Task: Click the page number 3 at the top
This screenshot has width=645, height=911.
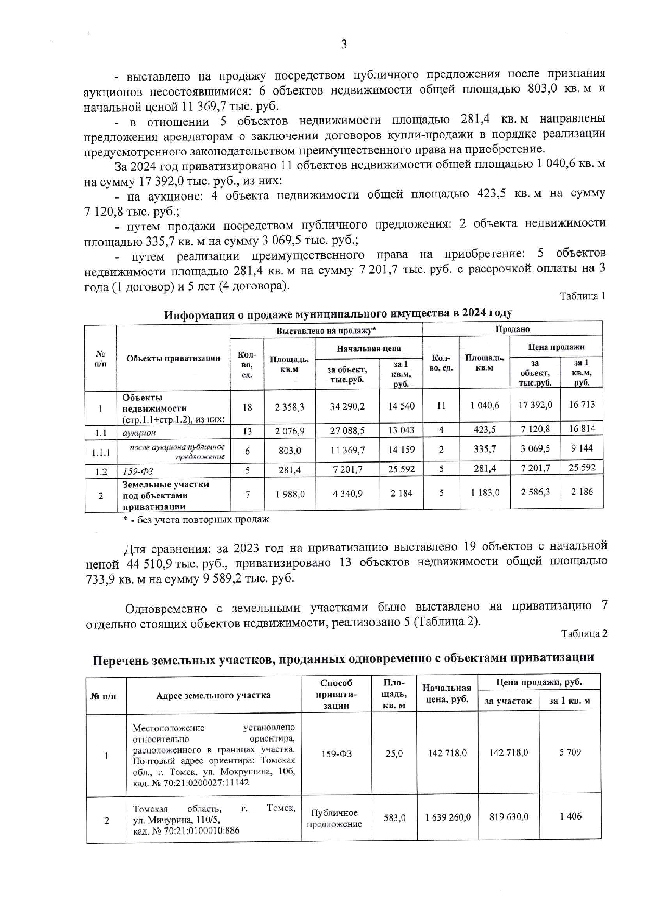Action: [x=344, y=45]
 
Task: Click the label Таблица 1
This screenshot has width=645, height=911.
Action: [x=582, y=296]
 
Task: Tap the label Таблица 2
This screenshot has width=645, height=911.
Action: [x=584, y=633]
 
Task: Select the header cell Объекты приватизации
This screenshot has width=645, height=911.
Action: [x=173, y=358]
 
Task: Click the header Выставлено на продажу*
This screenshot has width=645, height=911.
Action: [x=326, y=330]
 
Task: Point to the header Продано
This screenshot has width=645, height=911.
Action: [x=512, y=329]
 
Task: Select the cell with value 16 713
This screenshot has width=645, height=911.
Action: [x=582, y=405]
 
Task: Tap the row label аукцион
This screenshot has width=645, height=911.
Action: [x=139, y=432]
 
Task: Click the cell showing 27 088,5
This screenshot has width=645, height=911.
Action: [x=347, y=431]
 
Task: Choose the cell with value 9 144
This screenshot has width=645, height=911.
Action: [x=582, y=448]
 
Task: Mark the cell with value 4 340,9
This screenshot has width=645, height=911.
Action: [x=347, y=493]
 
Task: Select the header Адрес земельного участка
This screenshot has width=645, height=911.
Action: [x=213, y=695]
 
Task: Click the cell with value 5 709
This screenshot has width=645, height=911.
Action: [x=570, y=752]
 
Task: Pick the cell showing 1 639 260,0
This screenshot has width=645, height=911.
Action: [x=447, y=817]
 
